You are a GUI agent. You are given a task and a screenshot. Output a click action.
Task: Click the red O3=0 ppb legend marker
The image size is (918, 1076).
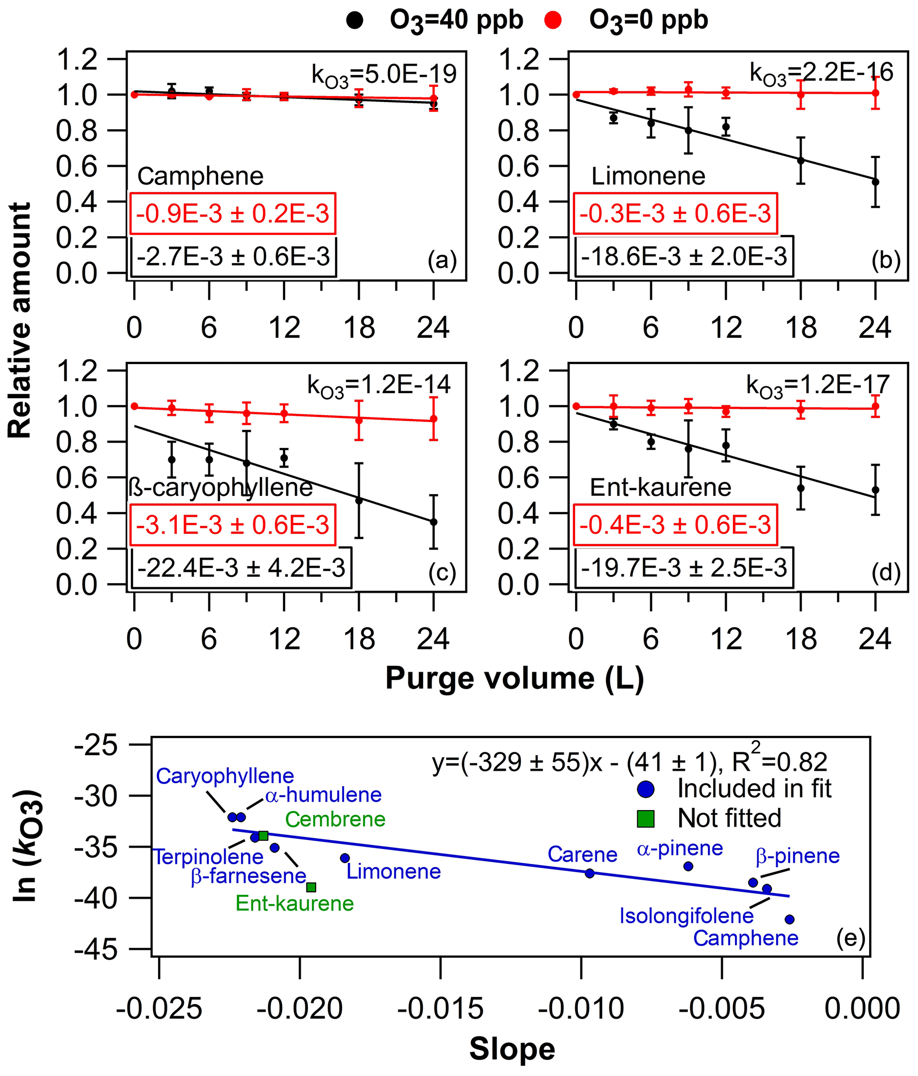[x=553, y=21]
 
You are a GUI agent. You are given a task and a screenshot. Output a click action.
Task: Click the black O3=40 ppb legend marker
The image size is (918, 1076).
[x=354, y=21]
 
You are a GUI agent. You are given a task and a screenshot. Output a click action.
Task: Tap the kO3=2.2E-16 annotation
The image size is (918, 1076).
[x=821, y=74]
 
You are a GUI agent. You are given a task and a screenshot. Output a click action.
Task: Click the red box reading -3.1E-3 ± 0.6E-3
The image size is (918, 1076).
[x=232, y=525]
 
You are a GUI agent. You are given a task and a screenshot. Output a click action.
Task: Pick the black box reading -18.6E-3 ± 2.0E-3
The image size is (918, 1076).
[x=684, y=257]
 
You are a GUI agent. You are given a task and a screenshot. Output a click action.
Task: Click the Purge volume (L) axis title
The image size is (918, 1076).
[x=514, y=679]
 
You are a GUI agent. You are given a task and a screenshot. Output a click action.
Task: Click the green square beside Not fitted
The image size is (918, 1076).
[x=645, y=819]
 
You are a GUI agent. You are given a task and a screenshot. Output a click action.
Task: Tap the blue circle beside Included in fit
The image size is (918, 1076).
[x=645, y=789]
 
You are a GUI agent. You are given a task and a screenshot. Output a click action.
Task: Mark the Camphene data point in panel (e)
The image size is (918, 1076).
[x=789, y=919]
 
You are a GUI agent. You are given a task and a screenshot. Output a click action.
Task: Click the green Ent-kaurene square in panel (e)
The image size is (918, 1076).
[x=311, y=887]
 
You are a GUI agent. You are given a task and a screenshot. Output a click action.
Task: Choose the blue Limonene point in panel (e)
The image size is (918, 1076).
[x=345, y=858]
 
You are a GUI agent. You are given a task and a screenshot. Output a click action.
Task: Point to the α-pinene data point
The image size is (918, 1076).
[x=688, y=866]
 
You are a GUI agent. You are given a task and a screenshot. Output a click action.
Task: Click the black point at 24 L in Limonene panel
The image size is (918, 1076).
[x=875, y=182]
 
